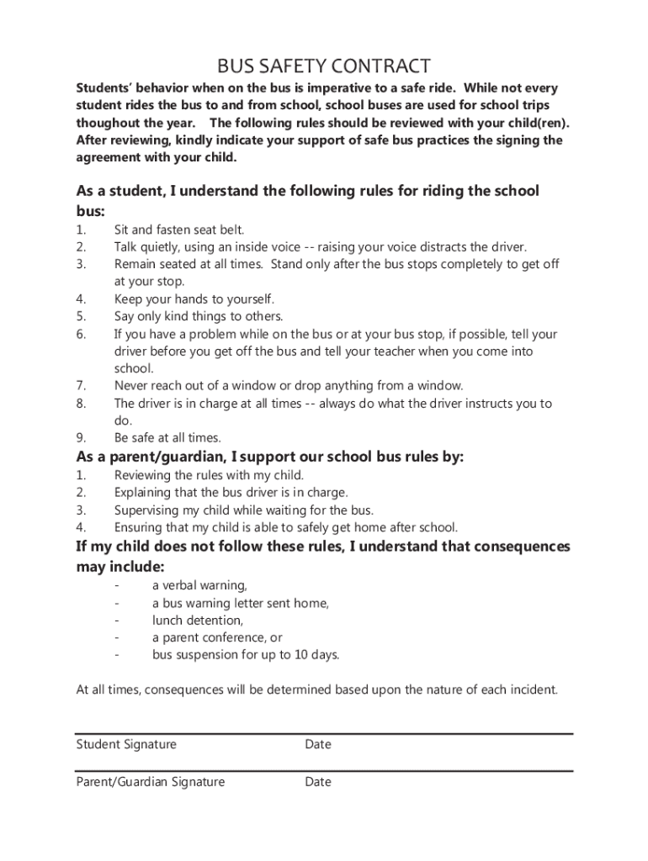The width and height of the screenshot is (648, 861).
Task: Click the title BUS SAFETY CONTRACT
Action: [324, 66]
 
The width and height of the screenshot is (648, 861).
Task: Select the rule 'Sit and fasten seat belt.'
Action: [179, 230]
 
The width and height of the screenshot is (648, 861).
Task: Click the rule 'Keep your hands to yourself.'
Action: [194, 298]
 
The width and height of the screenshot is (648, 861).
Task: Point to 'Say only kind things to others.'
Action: [199, 316]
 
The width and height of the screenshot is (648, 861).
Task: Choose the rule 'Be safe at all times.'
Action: [167, 437]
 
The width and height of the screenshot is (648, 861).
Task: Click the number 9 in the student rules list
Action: [80, 437]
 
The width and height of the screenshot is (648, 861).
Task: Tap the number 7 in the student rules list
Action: [80, 385]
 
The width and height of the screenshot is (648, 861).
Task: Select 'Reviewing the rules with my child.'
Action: [209, 475]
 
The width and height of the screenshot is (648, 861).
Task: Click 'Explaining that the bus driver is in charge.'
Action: [231, 493]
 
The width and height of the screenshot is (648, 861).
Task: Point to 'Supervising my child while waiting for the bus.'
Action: [244, 510]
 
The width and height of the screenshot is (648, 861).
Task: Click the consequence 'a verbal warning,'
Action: [199, 585]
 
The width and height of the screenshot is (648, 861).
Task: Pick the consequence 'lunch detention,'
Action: [198, 621]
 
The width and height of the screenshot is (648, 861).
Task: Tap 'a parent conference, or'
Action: [217, 637]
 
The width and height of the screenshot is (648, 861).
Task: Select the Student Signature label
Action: [126, 744]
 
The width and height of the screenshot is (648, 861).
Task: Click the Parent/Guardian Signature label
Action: [151, 782]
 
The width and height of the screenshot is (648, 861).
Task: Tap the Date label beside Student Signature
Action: [318, 744]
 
